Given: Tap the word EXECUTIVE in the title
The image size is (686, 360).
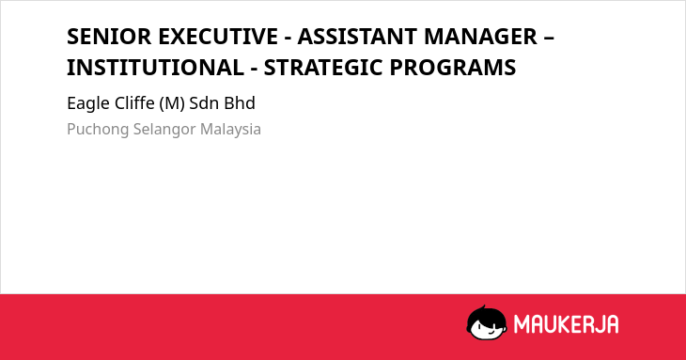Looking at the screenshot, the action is [218, 37].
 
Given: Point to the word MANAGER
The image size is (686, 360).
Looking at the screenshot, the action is [480, 37].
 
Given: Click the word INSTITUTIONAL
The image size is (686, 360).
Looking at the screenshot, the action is [155, 68].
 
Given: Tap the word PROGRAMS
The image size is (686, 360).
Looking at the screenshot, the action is [453, 68].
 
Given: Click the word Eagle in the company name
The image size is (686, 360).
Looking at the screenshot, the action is [88, 104].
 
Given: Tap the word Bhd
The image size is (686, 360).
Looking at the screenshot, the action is [240, 103].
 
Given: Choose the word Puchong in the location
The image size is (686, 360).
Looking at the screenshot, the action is [98, 130].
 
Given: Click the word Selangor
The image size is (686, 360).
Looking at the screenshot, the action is [164, 130].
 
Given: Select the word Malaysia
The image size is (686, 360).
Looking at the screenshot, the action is [230, 130].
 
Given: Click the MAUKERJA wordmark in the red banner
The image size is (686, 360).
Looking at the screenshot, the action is [566, 324].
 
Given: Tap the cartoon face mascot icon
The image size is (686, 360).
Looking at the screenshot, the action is [487, 322].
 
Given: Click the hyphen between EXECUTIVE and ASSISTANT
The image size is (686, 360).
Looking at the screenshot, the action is [288, 39].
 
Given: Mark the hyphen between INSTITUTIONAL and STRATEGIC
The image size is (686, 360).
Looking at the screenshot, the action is [254, 70].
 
